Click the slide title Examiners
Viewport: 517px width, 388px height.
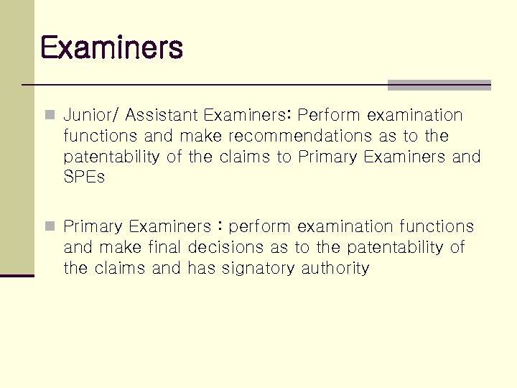pos(112,48)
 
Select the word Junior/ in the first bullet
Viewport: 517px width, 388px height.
pos(92,115)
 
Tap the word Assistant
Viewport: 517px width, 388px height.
pos(164,115)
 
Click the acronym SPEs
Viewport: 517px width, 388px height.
pos(83,177)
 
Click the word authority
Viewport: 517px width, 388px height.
pos(335,269)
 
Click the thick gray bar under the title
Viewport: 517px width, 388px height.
pos(439,85)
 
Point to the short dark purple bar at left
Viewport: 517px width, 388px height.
pos(17,275)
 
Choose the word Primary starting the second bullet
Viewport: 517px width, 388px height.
pos(93,227)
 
